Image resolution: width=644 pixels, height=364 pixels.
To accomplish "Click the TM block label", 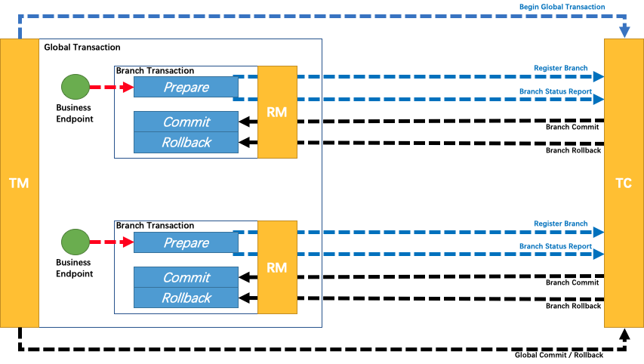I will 19,183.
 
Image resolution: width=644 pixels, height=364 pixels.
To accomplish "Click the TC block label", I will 624,183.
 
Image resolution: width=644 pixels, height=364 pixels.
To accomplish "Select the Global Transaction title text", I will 82,48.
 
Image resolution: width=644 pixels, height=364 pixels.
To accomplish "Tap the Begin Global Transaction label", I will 562,7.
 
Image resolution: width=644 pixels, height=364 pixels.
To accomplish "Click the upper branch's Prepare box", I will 186,87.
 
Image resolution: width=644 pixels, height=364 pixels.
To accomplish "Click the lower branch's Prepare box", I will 186,242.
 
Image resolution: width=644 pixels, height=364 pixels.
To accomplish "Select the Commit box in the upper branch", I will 186,122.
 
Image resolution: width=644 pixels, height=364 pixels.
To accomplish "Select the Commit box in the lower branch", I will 186,277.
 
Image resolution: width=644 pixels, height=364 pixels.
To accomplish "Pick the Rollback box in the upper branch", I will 186,142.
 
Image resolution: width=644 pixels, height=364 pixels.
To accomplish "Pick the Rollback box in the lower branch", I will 186,298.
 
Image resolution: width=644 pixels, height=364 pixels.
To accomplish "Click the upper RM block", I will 277,112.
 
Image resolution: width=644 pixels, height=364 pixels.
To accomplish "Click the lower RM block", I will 277,267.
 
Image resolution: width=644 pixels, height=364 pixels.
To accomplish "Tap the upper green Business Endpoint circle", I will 75,87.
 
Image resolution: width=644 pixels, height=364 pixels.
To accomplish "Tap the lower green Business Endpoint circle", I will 75,242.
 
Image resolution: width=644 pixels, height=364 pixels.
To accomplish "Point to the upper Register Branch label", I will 560,69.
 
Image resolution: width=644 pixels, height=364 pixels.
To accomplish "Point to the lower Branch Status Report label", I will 555,246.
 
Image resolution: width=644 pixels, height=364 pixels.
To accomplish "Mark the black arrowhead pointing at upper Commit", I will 244,122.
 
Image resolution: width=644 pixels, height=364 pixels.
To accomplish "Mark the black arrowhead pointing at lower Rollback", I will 244,298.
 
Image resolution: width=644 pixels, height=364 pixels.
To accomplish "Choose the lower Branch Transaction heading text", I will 155,226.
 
